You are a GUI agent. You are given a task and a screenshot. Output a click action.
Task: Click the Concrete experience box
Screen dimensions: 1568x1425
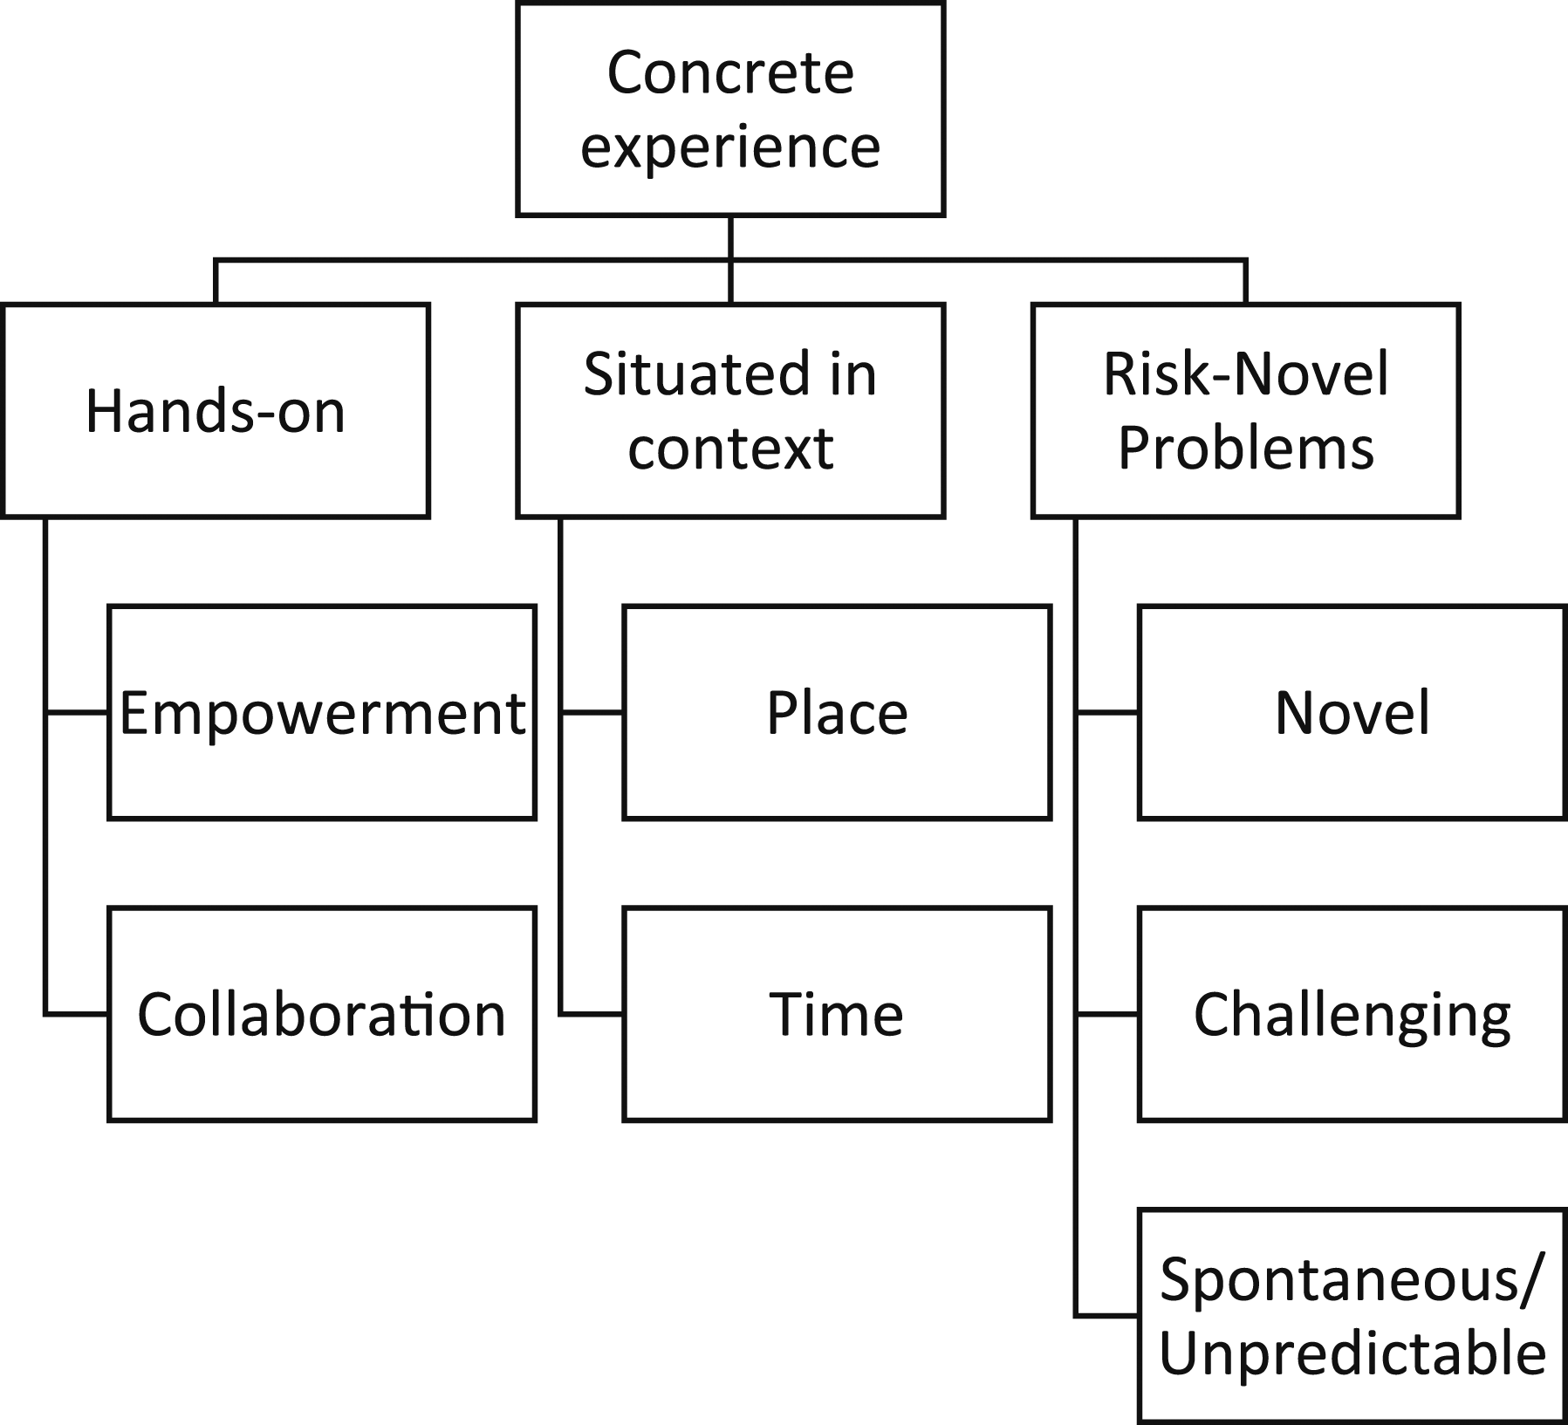730,109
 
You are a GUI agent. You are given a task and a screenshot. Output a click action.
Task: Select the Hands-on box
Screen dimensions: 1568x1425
216,410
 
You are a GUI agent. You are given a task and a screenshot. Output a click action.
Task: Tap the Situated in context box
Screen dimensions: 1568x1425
730,410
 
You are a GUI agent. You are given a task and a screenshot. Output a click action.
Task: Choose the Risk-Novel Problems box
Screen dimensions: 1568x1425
1245,410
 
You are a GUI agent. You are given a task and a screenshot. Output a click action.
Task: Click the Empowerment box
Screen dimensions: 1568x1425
322,712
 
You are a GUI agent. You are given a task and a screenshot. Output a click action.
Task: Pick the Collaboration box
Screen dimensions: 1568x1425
322,1014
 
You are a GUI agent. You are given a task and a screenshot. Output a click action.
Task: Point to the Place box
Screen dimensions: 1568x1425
837,712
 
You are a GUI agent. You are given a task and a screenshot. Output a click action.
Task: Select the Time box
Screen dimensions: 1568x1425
837,1014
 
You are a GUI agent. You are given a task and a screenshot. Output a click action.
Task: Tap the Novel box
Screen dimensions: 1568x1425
1352,712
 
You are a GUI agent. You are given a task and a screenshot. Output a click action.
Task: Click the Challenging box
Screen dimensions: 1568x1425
1352,1014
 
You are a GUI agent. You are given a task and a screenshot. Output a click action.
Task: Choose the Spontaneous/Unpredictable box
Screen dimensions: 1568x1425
1352,1316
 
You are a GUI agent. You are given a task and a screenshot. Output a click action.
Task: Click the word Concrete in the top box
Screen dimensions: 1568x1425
730,72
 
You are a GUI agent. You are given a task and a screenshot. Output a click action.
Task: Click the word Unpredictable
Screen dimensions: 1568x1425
1352,1353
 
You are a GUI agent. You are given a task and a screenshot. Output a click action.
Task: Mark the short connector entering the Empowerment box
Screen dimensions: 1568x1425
77,713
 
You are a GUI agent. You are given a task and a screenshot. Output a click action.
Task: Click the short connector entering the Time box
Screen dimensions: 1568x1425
592,1014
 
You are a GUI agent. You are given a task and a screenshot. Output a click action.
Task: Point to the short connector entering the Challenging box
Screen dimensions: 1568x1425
1106,1014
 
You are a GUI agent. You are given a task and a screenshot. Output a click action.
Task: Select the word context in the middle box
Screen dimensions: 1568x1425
730,449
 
